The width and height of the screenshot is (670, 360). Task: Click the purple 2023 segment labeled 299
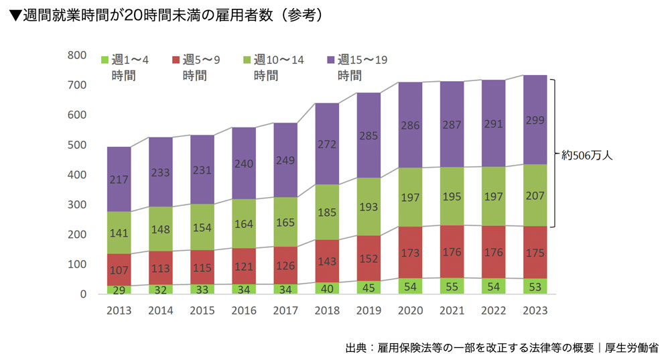click(535, 120)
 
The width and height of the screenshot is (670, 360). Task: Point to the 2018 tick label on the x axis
click(327, 311)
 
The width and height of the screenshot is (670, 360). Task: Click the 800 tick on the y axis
click(77, 55)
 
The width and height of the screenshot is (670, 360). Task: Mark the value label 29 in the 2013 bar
click(118, 290)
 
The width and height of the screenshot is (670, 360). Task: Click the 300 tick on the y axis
click(77, 204)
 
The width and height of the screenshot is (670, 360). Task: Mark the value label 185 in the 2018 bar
click(327, 212)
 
